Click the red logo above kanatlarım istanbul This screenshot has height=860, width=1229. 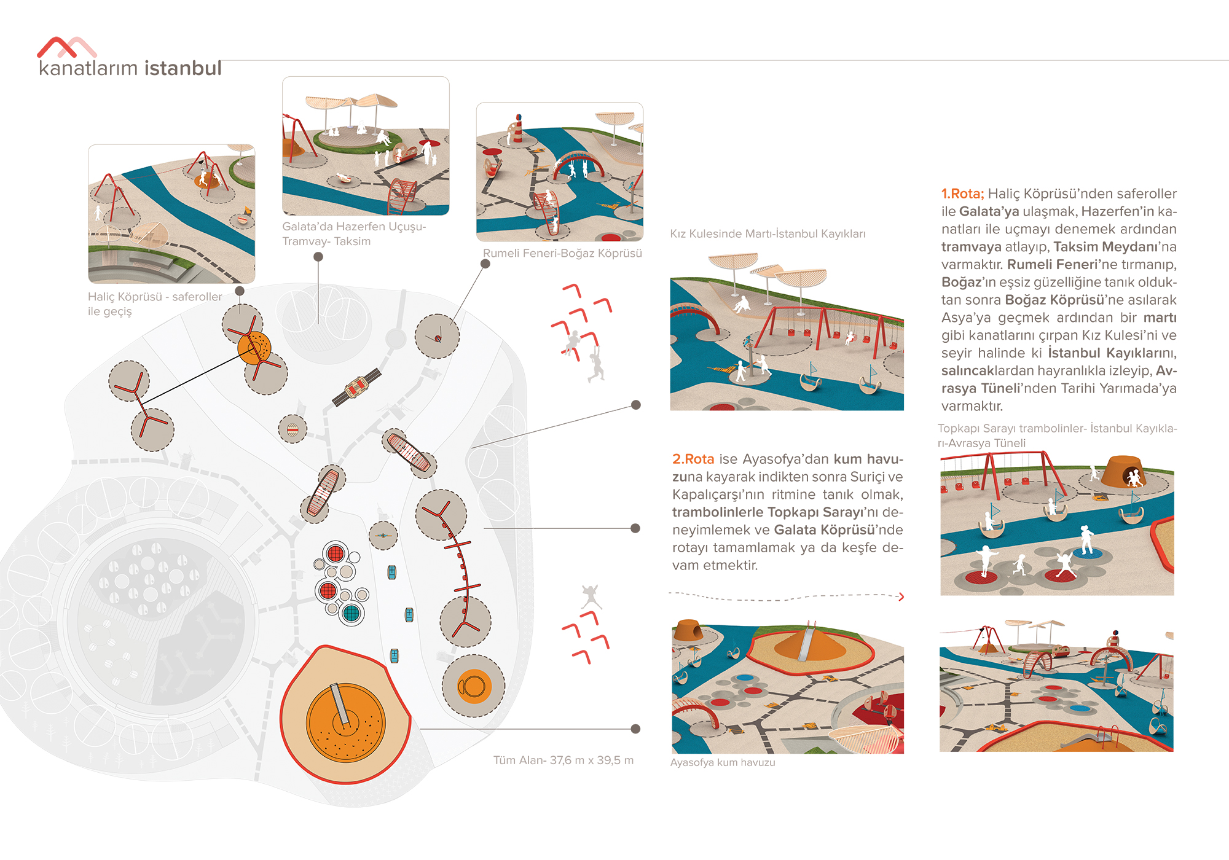tap(66, 47)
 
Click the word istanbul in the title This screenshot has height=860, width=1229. tap(183, 68)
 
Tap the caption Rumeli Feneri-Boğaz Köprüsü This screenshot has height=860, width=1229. tap(562, 253)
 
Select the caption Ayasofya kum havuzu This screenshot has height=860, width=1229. tap(722, 762)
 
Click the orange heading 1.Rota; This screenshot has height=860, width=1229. tap(962, 193)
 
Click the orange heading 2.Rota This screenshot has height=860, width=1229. tap(693, 459)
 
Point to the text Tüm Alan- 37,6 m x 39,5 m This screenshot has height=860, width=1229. tap(563, 760)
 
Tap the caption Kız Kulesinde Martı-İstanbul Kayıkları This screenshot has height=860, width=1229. tap(767, 233)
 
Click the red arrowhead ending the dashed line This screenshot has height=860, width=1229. tap(901, 596)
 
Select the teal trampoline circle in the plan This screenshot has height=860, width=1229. tap(351, 612)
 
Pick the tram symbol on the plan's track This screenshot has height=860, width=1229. tap(357, 387)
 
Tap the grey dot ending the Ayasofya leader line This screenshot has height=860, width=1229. tap(635, 729)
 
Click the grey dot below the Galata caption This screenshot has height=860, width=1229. tap(318, 257)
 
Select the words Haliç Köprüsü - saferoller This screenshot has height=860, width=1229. tap(155, 297)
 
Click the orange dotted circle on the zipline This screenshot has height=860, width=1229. tap(254, 348)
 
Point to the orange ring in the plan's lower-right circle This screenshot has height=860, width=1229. tap(473, 686)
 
